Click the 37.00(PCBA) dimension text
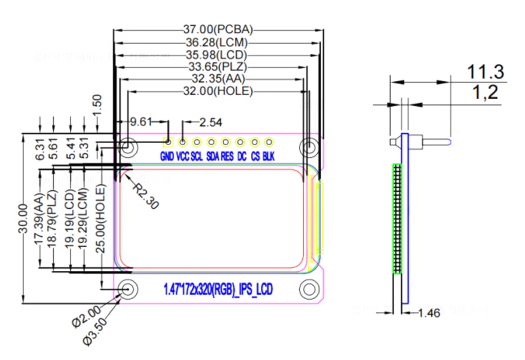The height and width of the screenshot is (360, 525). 218,29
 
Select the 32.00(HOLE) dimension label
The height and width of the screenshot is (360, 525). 218,92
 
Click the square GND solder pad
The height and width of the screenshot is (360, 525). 168,142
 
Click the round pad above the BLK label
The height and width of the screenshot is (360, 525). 268,142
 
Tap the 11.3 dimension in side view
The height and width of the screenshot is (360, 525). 485,72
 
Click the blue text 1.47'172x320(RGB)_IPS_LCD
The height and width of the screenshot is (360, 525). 218,290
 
